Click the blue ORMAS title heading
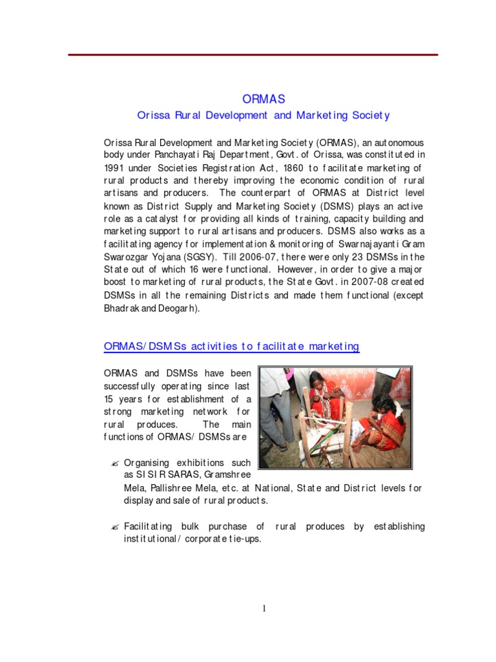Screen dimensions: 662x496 click(263, 99)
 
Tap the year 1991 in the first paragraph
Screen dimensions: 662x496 click(115, 168)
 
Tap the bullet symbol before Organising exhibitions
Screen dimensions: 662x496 click(114, 463)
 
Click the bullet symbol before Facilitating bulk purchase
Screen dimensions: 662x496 click(114, 527)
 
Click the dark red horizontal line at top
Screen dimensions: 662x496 click(253, 55)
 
